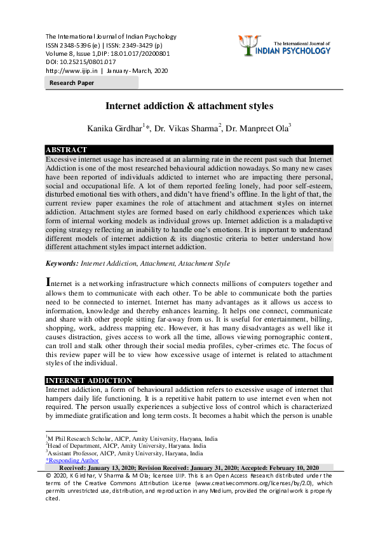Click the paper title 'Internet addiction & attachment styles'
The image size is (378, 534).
[x=189, y=105]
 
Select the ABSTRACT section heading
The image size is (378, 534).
[x=66, y=150]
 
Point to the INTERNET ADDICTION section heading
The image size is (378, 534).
[x=89, y=381]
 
